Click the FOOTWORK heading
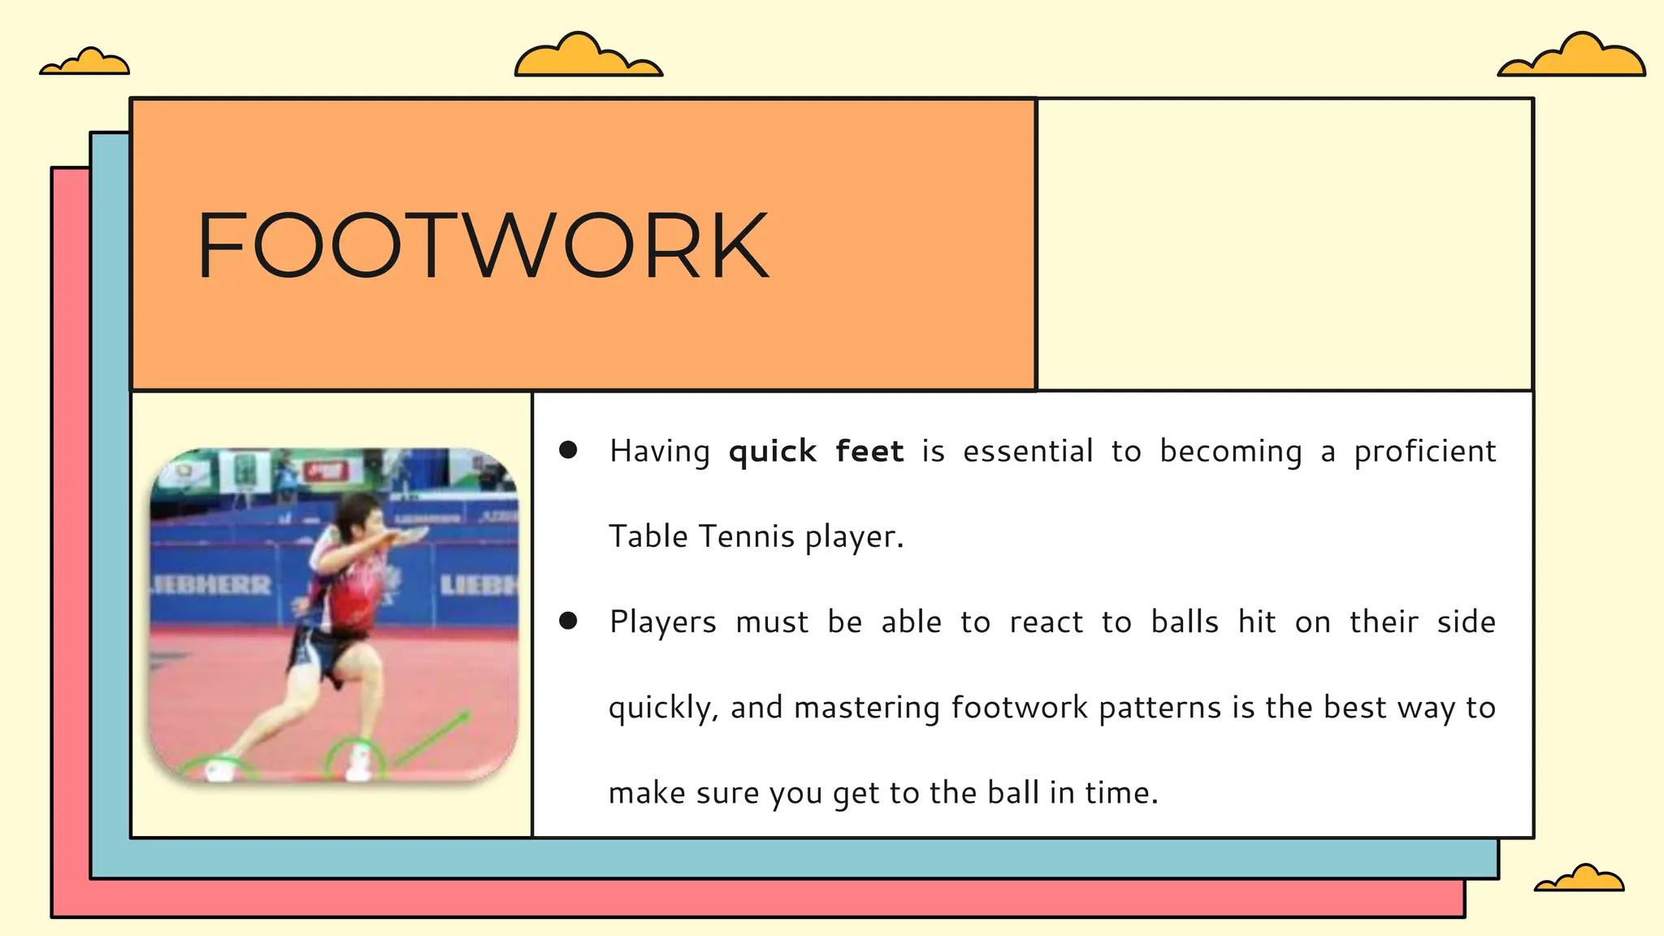coord(482,245)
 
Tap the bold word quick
coord(772,452)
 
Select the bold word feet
coord(869,451)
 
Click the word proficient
coord(1424,452)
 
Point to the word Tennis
coord(746,536)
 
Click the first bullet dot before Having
coord(568,450)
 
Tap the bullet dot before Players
coord(568,622)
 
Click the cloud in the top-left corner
coord(85,62)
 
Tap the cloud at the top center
coord(587,57)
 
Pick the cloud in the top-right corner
coord(1572,56)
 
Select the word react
coord(1046,622)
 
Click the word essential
coord(1028,452)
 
